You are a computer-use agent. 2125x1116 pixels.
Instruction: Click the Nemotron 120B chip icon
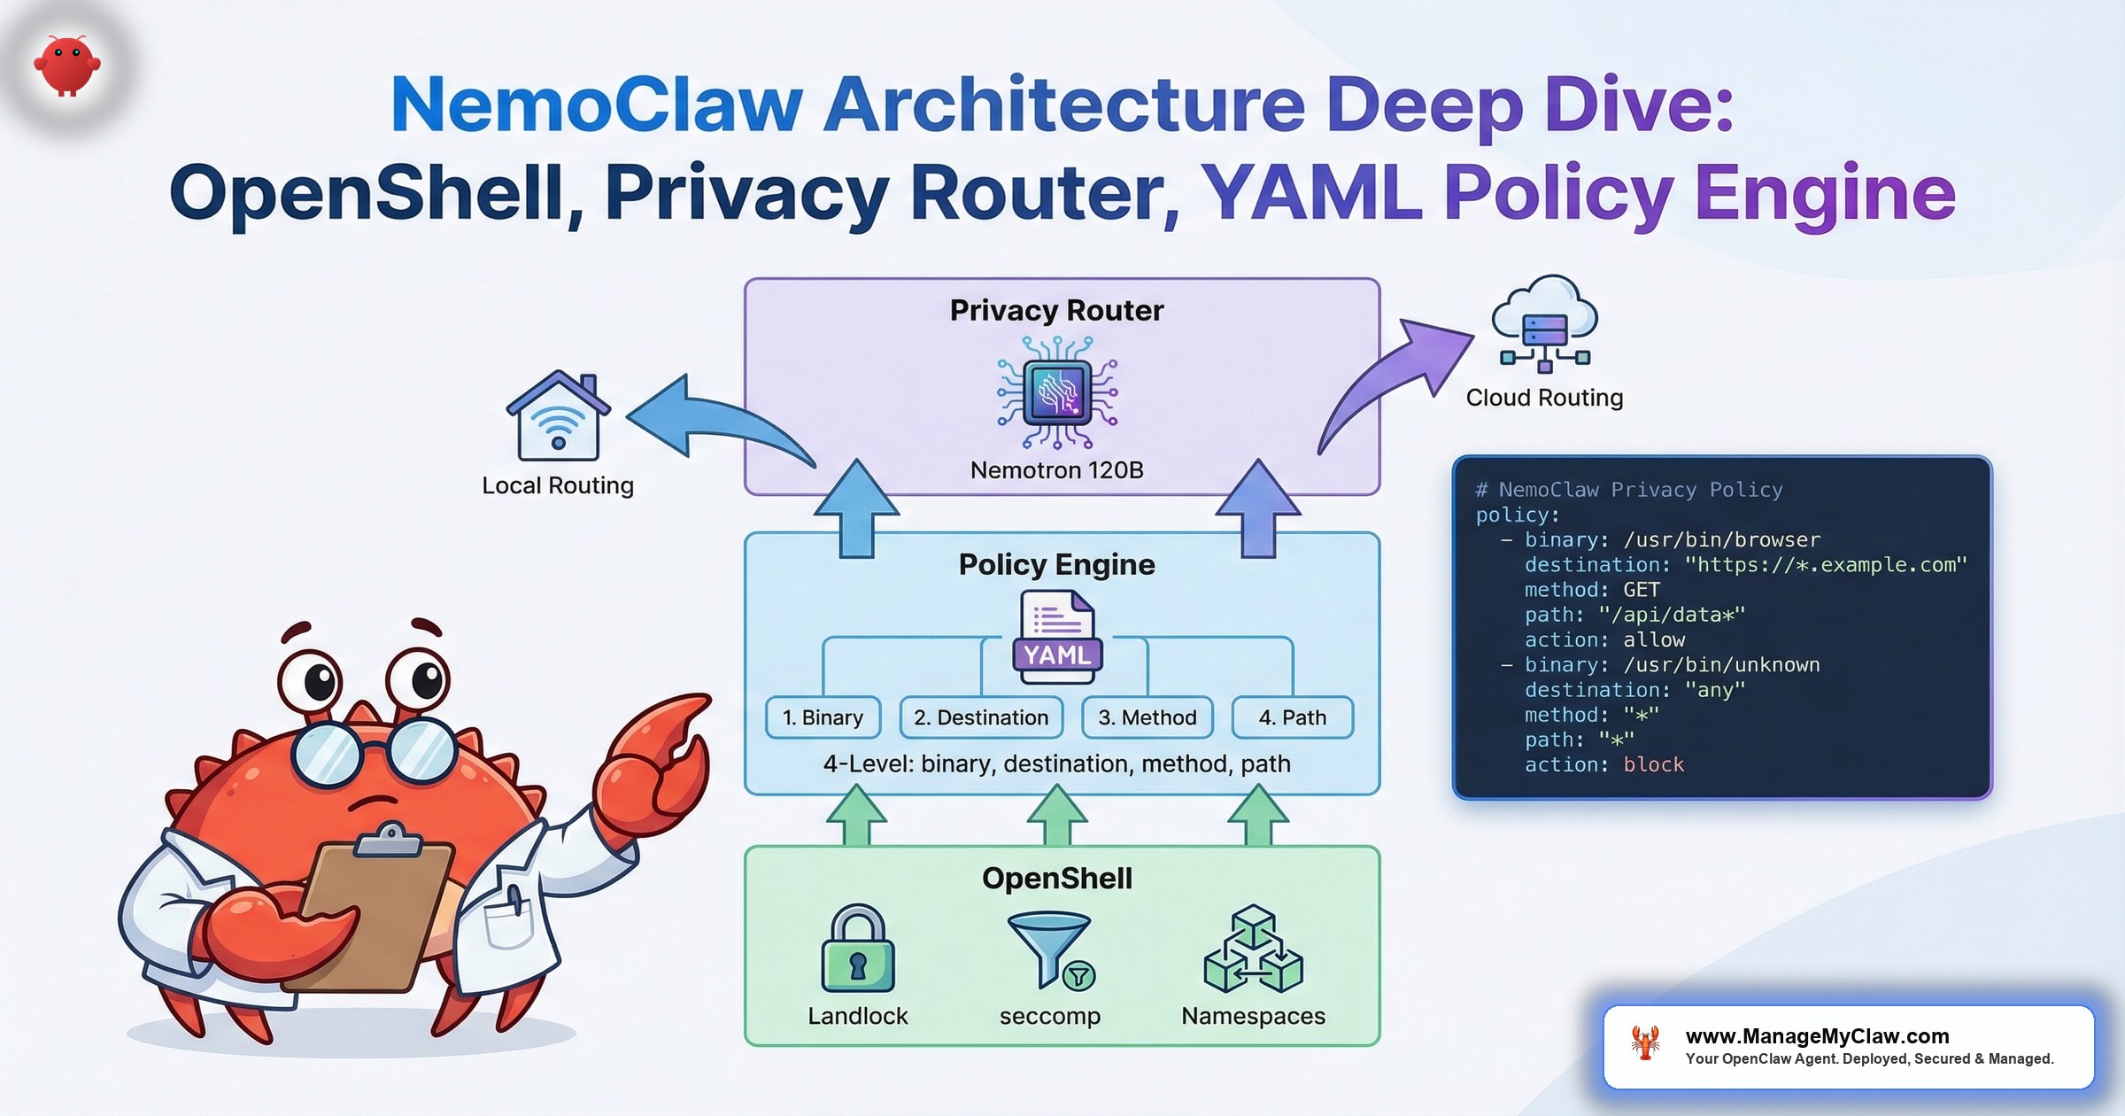(1057, 392)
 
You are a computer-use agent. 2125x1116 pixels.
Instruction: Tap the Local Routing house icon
(558, 416)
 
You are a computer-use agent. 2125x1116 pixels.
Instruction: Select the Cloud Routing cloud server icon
(1545, 323)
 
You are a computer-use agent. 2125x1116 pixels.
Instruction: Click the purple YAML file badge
(1057, 655)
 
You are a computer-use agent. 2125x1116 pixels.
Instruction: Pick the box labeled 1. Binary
(823, 717)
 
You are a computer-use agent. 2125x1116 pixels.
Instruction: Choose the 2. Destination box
(981, 717)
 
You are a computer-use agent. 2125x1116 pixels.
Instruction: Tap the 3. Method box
(1147, 717)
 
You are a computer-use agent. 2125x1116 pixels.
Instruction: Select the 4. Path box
(1292, 717)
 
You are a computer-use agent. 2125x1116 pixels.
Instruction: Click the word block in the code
(1653, 764)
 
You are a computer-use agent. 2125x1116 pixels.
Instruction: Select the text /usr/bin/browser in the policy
(1721, 539)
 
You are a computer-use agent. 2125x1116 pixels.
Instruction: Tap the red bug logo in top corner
(67, 65)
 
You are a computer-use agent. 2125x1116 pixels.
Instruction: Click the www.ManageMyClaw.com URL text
(1817, 1035)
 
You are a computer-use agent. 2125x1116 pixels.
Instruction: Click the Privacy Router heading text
(1056, 310)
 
